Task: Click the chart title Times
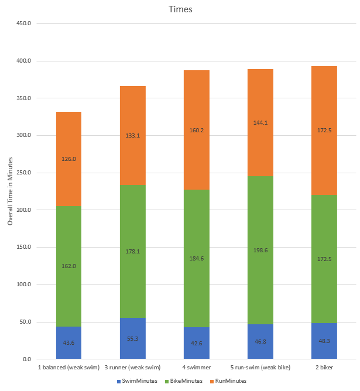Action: click(x=180, y=9)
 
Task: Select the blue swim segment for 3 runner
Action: click(x=133, y=331)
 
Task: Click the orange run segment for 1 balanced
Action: click(x=69, y=140)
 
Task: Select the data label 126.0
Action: click(x=69, y=159)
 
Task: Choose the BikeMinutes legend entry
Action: click(x=184, y=381)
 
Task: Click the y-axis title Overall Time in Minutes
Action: click(x=10, y=191)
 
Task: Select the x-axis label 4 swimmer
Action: click(x=197, y=368)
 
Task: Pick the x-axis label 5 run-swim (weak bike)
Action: click(x=260, y=368)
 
